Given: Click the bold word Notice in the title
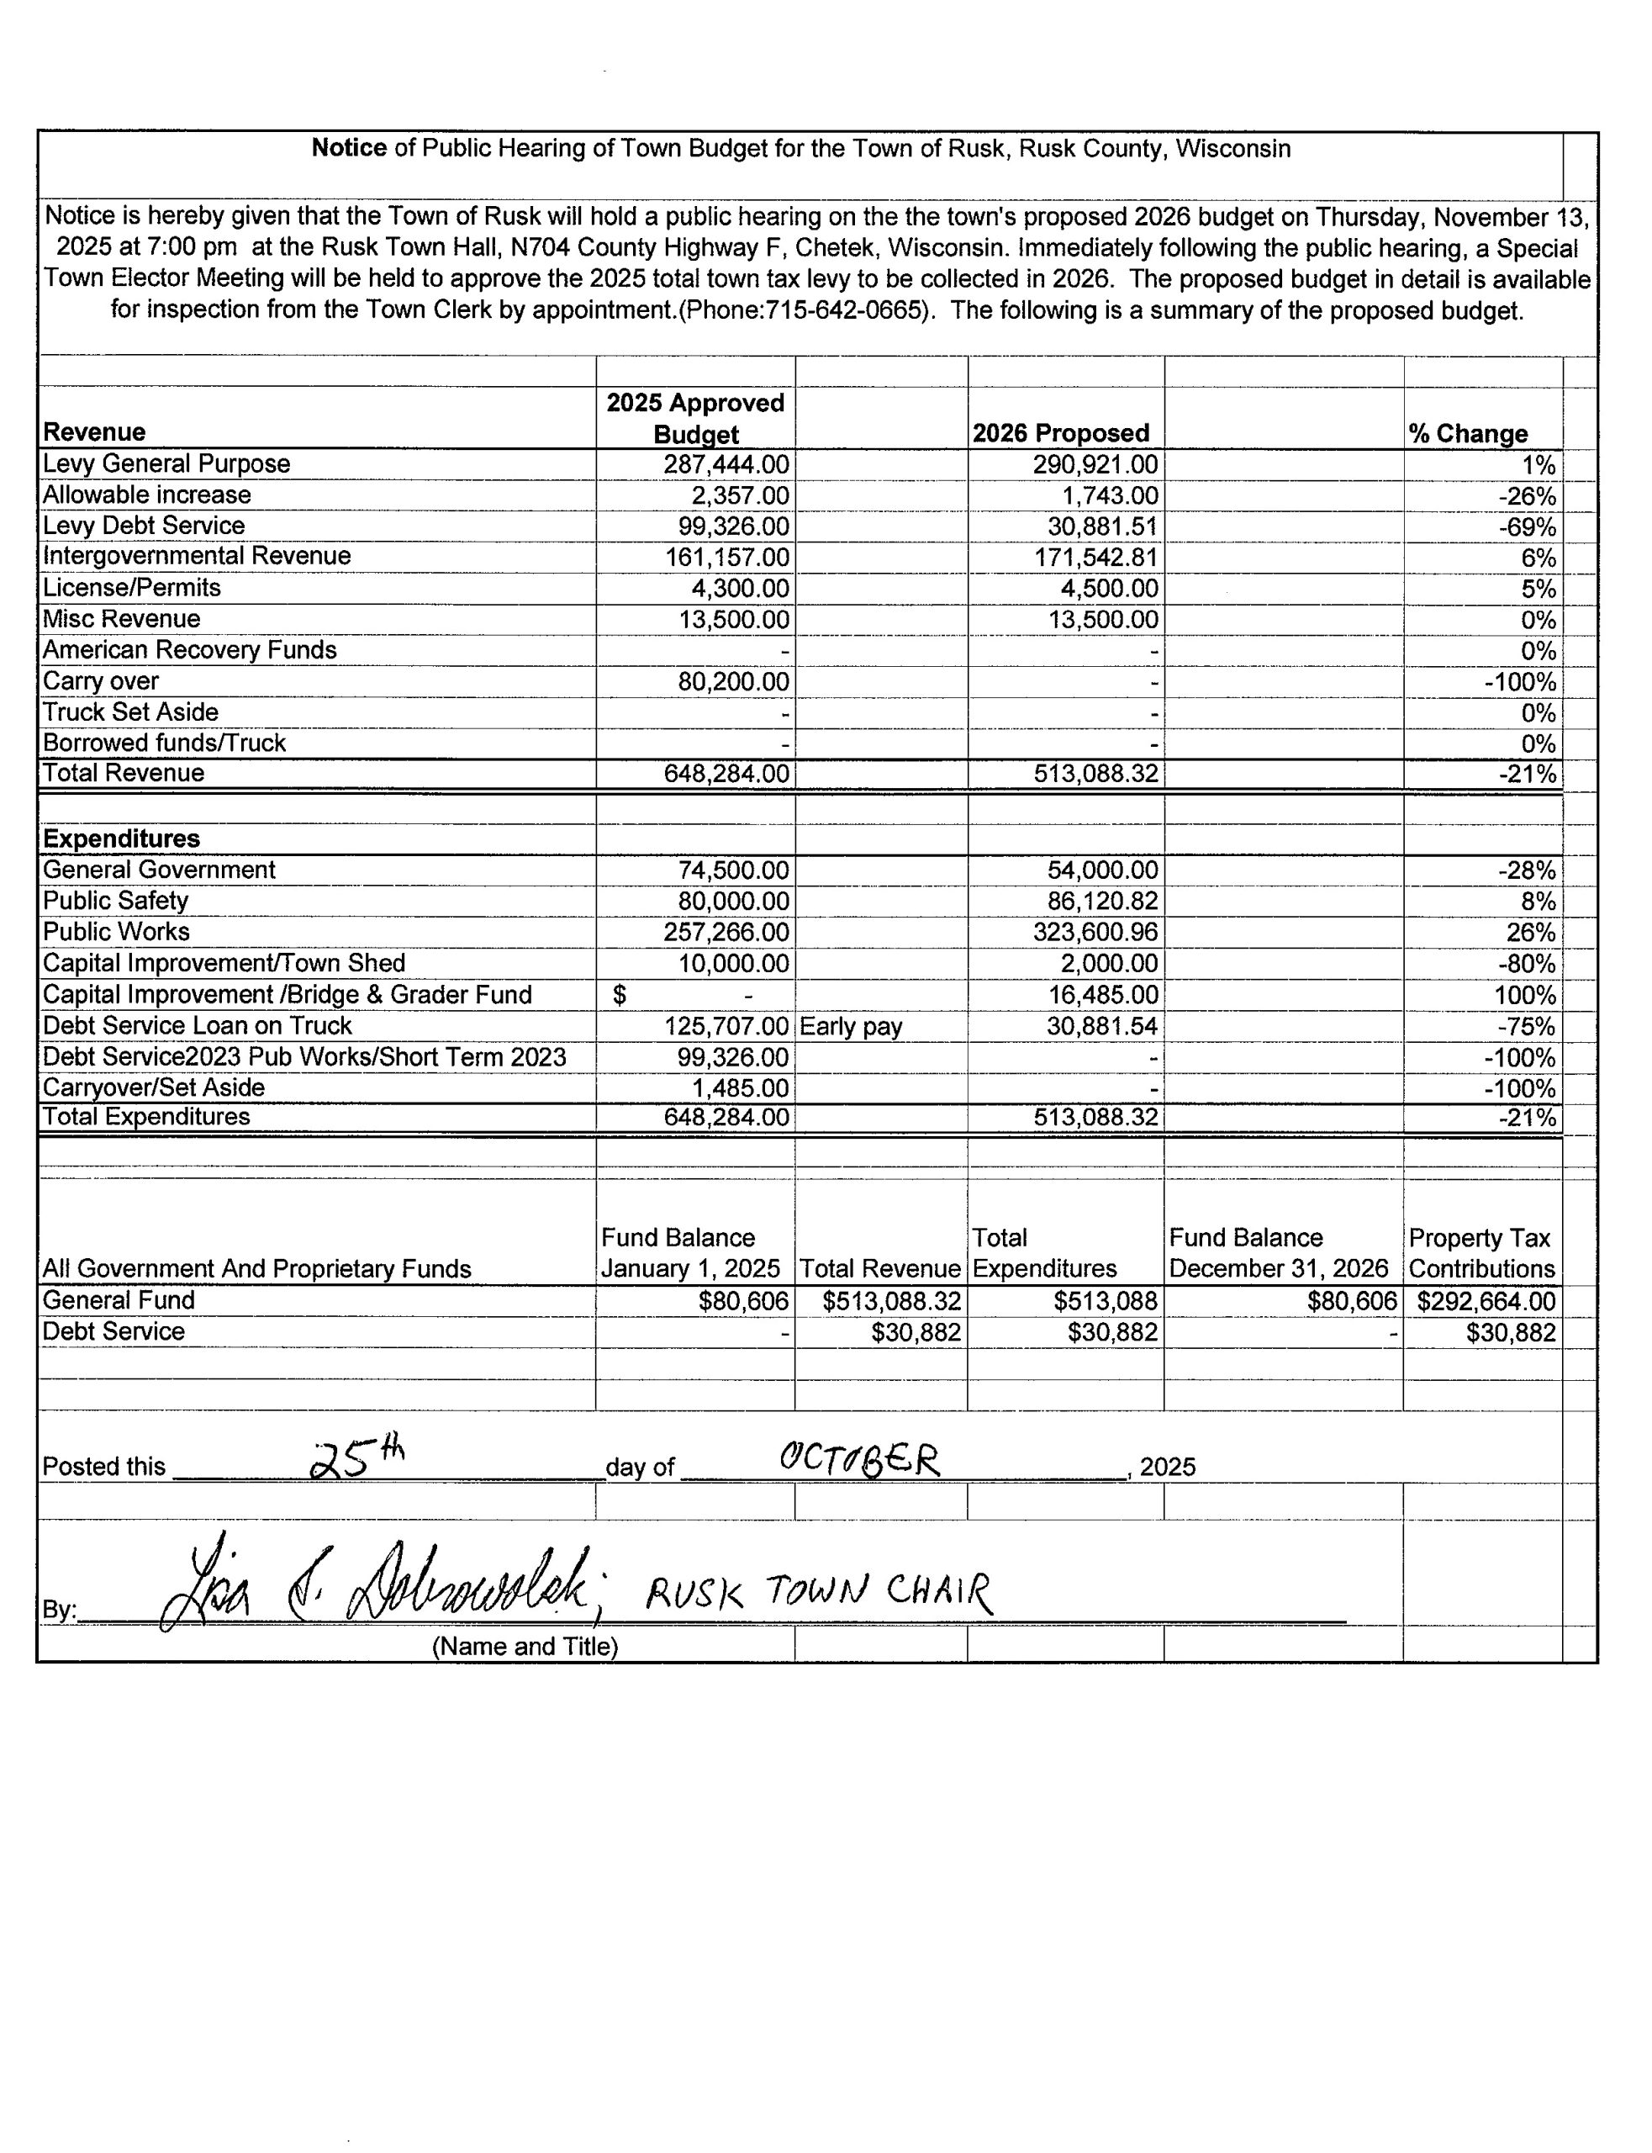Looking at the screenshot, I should coord(349,149).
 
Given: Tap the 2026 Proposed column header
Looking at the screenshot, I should coord(1060,434).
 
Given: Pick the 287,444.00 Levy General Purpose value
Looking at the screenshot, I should coord(726,464).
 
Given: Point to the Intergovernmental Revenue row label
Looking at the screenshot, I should coord(197,557).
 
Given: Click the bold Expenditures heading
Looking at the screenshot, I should coord(121,839).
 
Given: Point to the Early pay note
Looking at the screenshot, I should coord(851,1027).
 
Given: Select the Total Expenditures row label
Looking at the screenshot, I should coord(145,1118).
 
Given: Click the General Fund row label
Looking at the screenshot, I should coord(119,1301).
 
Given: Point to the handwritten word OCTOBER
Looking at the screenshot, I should coord(859,1461).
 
